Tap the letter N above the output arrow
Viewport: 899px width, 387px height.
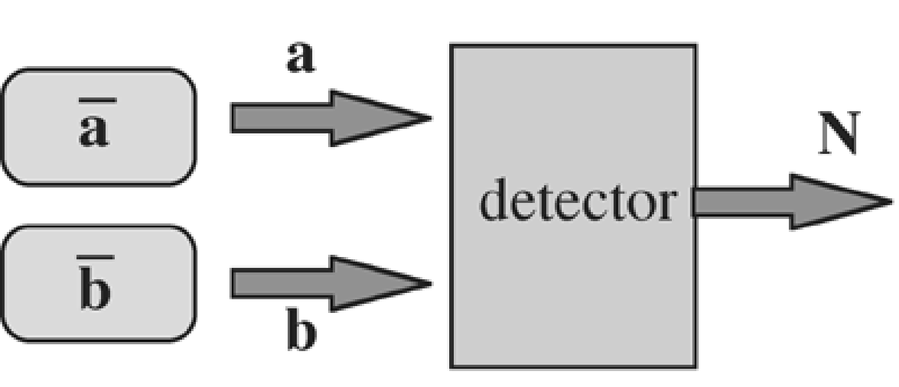838,135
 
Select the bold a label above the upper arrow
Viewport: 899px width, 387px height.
300,58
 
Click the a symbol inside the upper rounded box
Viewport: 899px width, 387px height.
94,131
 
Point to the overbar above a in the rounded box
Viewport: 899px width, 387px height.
97,101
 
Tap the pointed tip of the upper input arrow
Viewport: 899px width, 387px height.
429,119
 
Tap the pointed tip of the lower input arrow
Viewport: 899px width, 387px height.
429,283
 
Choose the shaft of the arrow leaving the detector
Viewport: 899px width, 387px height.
742,202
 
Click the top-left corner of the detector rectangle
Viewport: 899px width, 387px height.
452,46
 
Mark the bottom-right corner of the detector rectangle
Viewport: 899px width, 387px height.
694,366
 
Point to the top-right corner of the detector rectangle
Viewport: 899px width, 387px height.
694,46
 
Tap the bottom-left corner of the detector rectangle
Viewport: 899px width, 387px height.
452,366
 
